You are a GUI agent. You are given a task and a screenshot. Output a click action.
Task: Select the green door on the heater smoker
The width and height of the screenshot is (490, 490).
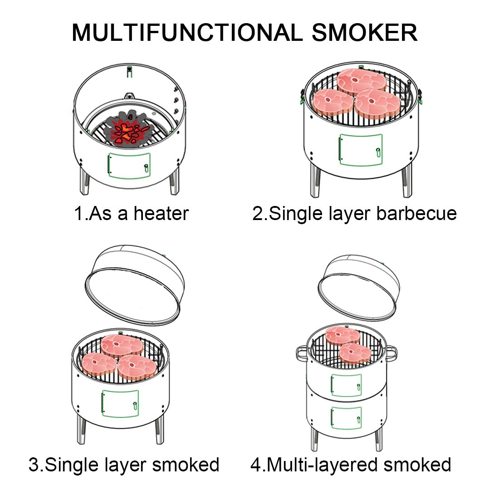(129, 166)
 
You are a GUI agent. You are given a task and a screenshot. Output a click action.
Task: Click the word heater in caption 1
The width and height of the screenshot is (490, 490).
(162, 213)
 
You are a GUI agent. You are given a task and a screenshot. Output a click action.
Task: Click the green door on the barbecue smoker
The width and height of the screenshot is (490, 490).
(361, 149)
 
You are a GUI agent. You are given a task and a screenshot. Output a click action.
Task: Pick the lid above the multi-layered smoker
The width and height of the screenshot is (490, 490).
(357, 287)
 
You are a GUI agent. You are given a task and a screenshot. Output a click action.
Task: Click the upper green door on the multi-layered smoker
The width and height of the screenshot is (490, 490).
(346, 385)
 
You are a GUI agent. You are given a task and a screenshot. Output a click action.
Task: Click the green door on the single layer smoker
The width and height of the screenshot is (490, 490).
(120, 403)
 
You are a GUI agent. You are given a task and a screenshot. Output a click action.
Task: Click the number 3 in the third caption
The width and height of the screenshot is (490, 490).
(33, 465)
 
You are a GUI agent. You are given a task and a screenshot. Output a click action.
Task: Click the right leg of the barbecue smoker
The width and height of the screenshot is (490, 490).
(407, 181)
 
